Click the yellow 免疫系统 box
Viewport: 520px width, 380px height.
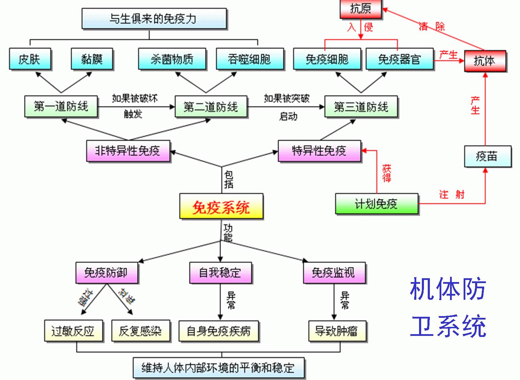point(221,207)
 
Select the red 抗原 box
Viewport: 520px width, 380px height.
point(361,8)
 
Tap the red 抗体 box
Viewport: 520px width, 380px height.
point(485,61)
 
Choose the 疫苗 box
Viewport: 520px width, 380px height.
point(487,156)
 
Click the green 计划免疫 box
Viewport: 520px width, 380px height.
point(377,204)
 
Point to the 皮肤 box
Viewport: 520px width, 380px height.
point(30,59)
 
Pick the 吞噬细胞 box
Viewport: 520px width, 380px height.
point(250,59)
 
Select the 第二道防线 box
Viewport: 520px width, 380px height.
point(211,107)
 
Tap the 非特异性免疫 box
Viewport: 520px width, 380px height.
point(128,151)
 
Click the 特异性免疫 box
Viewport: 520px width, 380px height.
point(319,151)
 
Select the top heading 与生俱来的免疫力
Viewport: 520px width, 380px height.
point(154,18)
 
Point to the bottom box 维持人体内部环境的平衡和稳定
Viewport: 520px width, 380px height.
point(218,367)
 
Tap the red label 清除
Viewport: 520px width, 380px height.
point(432,26)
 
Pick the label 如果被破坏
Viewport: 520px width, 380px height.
point(135,98)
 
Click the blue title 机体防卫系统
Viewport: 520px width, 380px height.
point(448,307)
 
